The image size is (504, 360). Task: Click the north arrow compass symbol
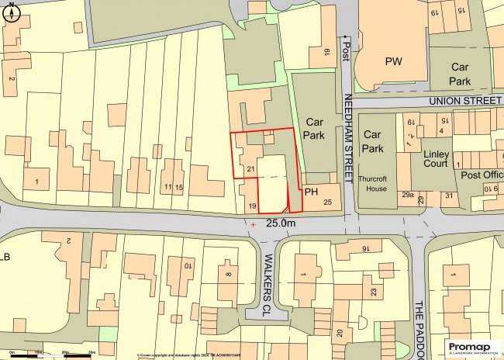pos(13,13)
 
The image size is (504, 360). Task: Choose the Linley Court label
pos(437,160)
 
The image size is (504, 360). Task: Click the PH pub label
pos(312,191)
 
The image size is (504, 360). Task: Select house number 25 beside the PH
pos(327,202)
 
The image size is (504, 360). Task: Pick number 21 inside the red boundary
pos(250,168)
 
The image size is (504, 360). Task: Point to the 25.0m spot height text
pos(281,223)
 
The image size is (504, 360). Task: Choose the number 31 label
pos(448,196)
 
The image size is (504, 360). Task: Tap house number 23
pos(373,292)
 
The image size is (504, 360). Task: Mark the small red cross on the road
pos(253,224)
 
